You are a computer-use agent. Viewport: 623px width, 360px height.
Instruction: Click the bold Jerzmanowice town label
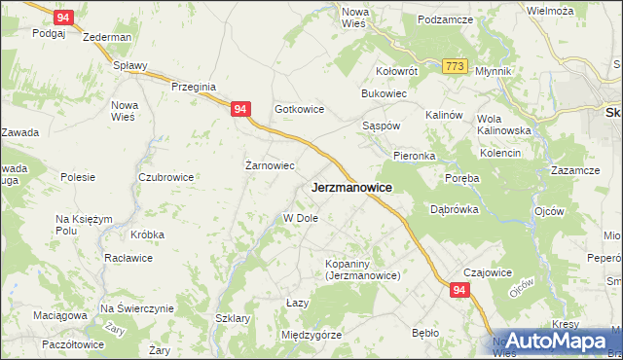tap(351, 187)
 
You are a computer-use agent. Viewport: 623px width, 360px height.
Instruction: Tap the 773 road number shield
tap(453, 65)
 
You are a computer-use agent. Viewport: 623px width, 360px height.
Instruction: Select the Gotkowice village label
tap(299, 110)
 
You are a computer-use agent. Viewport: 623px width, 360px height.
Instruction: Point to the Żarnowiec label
tap(269, 165)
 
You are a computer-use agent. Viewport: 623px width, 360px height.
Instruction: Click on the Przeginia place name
tap(192, 87)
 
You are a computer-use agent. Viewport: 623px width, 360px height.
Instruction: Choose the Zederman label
tap(107, 37)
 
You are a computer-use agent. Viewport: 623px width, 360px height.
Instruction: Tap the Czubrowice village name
tap(165, 177)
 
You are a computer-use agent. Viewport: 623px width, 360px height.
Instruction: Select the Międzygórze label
tap(311, 335)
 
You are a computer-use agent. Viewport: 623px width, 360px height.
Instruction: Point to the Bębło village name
tap(425, 333)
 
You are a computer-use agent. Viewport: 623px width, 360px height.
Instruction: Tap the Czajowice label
tap(488, 273)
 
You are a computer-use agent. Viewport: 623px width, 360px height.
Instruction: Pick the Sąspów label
tap(381, 127)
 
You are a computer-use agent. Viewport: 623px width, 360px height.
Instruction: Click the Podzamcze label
tap(444, 19)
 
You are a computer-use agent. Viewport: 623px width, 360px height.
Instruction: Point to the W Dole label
tap(301, 218)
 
